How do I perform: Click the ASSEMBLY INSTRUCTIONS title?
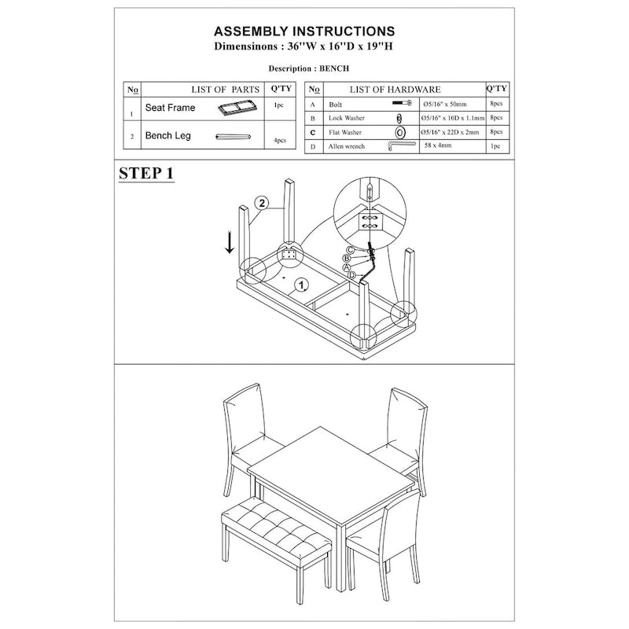click(x=305, y=31)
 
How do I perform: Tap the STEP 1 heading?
click(x=146, y=174)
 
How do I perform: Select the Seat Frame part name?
click(x=170, y=108)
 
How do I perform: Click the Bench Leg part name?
click(x=168, y=136)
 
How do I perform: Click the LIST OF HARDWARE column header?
click(x=395, y=90)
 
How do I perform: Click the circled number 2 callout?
click(x=262, y=203)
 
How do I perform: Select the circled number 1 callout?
click(x=301, y=284)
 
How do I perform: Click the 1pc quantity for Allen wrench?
click(x=495, y=146)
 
